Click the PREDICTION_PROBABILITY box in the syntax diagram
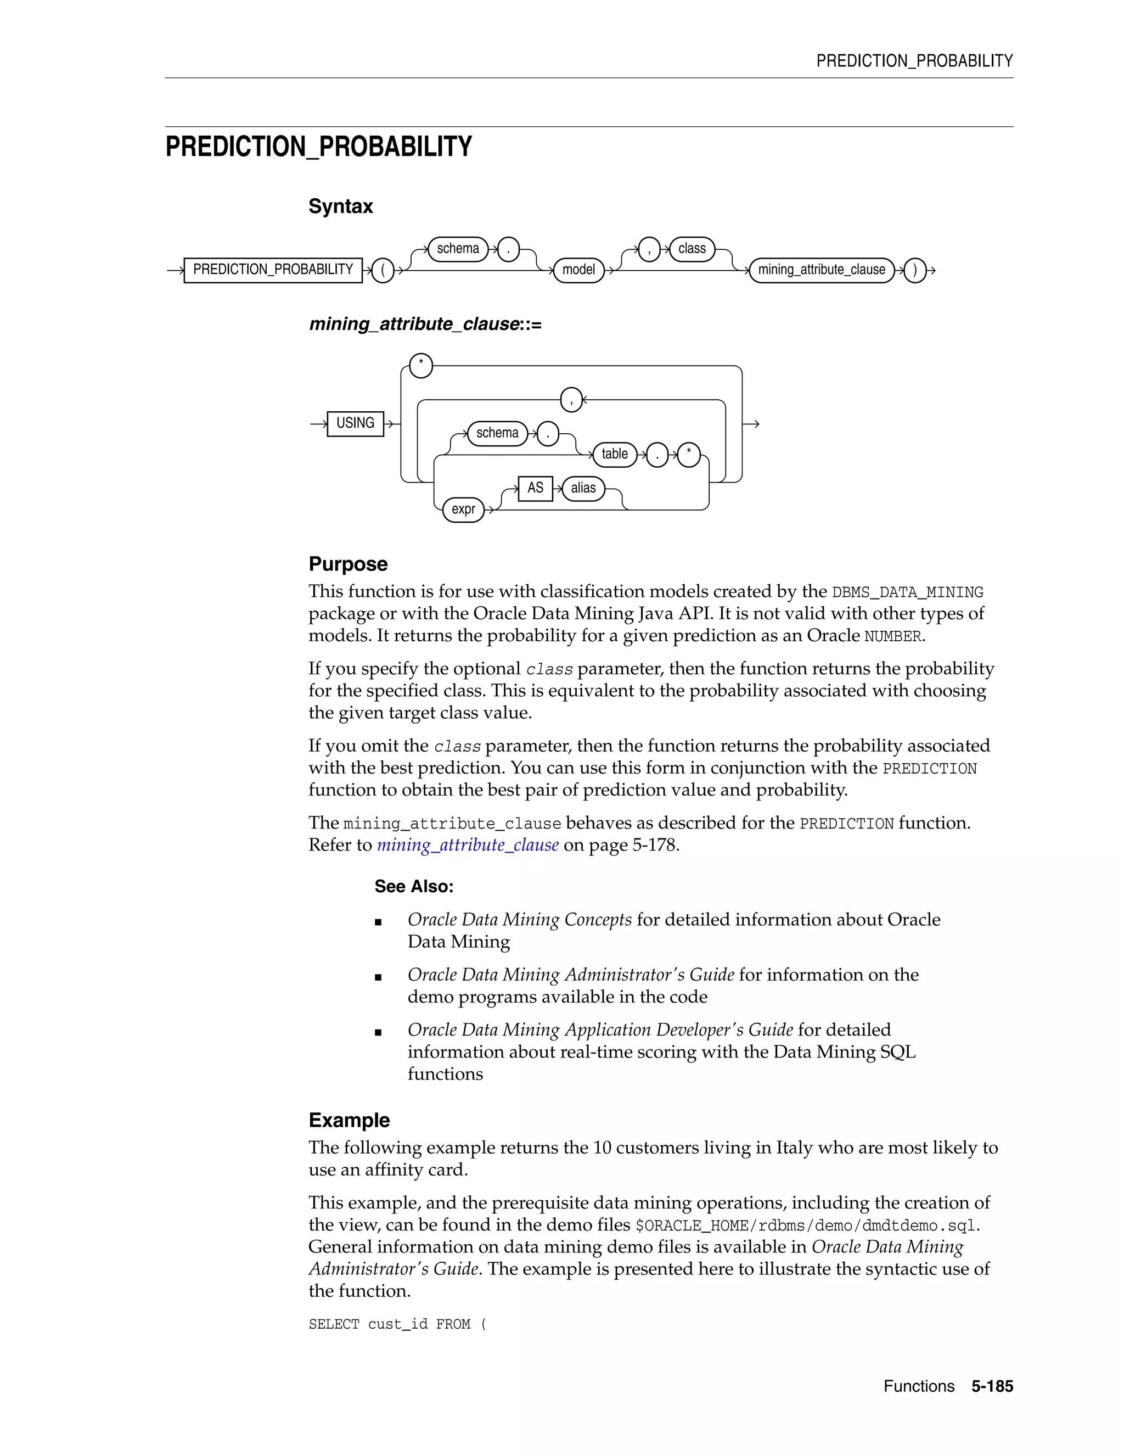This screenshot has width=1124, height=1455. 273,270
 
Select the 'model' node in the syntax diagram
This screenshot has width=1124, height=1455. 578,270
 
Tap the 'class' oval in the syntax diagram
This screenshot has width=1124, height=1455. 692,249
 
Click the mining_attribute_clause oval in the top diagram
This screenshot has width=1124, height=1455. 821,270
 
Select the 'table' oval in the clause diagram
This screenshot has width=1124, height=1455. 614,455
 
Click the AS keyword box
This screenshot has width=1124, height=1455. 535,488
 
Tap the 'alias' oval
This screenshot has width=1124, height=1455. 583,488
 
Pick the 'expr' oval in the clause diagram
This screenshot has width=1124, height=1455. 463,510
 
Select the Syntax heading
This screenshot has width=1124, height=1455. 340,206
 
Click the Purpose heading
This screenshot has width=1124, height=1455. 347,564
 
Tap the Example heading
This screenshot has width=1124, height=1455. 349,1120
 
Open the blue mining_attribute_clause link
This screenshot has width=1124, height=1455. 468,845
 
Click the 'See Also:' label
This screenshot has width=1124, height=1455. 413,886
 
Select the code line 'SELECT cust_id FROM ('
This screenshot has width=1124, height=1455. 397,1324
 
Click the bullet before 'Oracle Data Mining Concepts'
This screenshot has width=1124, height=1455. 378,922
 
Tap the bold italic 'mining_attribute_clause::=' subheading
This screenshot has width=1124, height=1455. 425,324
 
